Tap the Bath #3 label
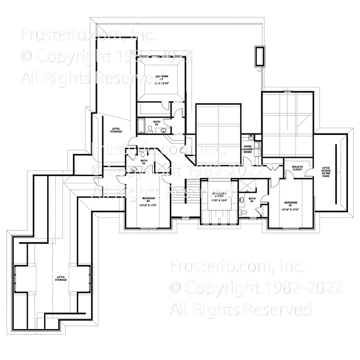pyautogui.click(x=157, y=124)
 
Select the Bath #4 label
pyautogui.click(x=143, y=162)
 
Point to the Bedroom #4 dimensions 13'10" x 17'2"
pyautogui.click(x=148, y=205)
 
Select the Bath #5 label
pyautogui.click(x=252, y=199)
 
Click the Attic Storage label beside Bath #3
pyautogui.click(x=116, y=130)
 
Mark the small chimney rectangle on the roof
pyautogui.click(x=260, y=57)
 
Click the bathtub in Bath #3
pyautogui.click(x=142, y=126)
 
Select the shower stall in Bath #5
pyautogui.click(x=249, y=185)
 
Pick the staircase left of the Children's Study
pyautogui.click(x=191, y=192)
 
